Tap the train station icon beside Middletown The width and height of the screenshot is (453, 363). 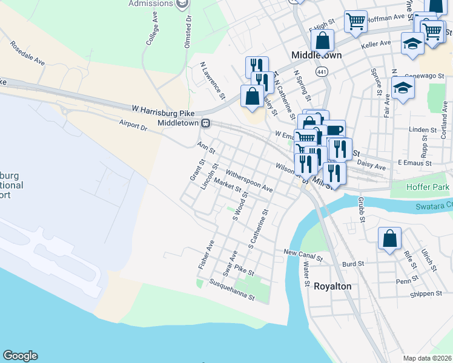pyautogui.click(x=206, y=123)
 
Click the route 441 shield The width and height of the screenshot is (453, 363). pyautogui.click(x=322, y=72)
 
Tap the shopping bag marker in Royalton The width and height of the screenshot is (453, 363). pyautogui.click(x=389, y=238)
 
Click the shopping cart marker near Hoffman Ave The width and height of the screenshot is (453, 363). pyautogui.click(x=355, y=21)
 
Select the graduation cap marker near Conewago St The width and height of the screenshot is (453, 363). pyautogui.click(x=403, y=88)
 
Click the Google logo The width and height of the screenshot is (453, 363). pyautogui.click(x=20, y=356)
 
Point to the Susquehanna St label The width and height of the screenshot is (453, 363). pyautogui.click(x=232, y=289)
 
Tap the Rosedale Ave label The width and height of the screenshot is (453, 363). pyautogui.click(x=28, y=53)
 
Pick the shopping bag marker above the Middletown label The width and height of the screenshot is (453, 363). pyautogui.click(x=323, y=41)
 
